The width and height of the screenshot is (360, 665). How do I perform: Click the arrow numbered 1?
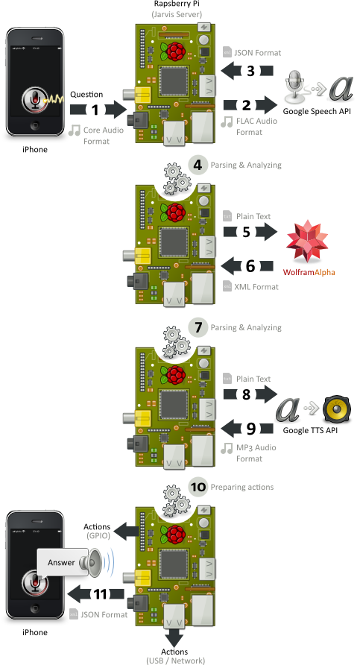pos(96,110)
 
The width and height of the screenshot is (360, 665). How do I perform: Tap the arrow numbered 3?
pos(249,70)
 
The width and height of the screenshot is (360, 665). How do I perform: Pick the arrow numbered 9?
pos(249,428)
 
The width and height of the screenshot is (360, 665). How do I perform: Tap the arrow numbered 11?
pos(95,593)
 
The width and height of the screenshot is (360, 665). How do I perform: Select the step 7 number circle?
pos(197,327)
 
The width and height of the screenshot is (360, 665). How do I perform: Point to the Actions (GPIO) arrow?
pos(122,529)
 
